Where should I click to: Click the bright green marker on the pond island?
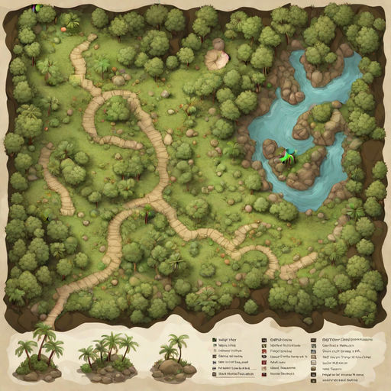284,155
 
